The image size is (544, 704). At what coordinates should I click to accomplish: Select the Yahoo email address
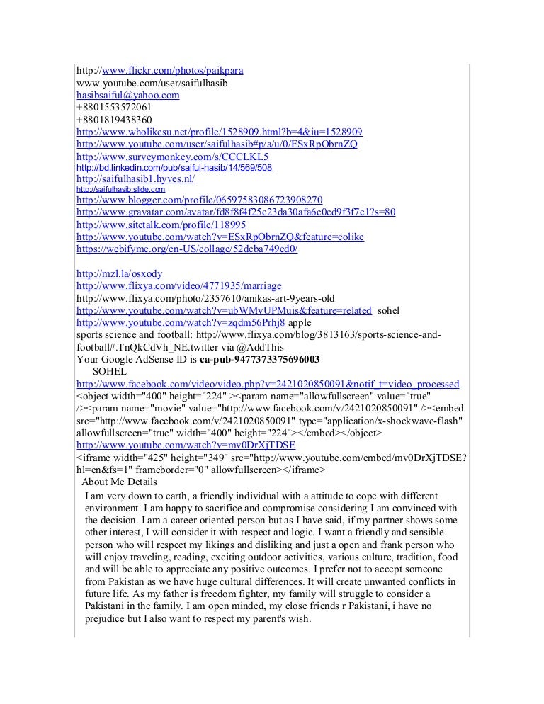pyautogui.click(x=128, y=95)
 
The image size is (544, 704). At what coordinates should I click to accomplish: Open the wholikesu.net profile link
pyautogui.click(x=220, y=132)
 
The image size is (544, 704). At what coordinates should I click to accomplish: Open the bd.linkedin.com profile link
pyautogui.click(x=174, y=168)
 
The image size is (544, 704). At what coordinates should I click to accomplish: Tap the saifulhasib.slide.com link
pyautogui.click(x=120, y=190)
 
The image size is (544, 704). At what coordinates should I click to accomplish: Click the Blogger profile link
pyautogui.click(x=199, y=200)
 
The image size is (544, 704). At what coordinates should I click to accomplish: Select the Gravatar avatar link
pyautogui.click(x=235, y=212)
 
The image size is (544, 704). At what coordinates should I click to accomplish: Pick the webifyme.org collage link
pyautogui.click(x=187, y=249)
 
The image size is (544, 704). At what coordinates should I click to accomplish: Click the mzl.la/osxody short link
pyautogui.click(x=119, y=273)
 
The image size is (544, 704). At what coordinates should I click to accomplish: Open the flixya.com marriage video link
pyautogui.click(x=178, y=285)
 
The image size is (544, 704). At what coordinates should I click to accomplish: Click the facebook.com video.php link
pyautogui.click(x=267, y=384)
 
